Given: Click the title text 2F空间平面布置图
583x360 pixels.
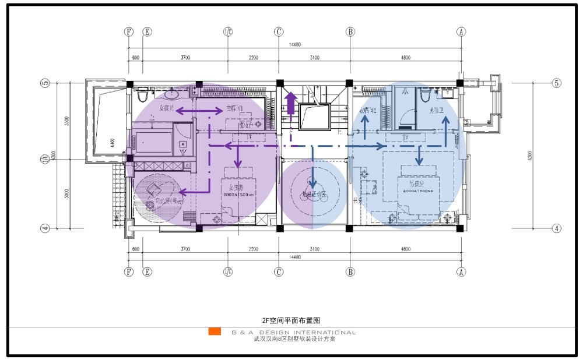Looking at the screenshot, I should (291, 320).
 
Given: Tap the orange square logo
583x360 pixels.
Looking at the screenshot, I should (215, 331).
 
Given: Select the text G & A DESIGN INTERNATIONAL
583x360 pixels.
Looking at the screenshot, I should (293, 333).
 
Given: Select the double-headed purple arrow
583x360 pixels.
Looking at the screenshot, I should (199, 110).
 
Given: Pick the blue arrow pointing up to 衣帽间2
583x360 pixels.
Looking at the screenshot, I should (365, 127).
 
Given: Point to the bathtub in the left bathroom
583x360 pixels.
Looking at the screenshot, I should (154, 140).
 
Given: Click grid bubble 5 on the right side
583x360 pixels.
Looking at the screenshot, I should (556, 83).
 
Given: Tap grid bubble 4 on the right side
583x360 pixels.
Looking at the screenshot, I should (556, 228).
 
